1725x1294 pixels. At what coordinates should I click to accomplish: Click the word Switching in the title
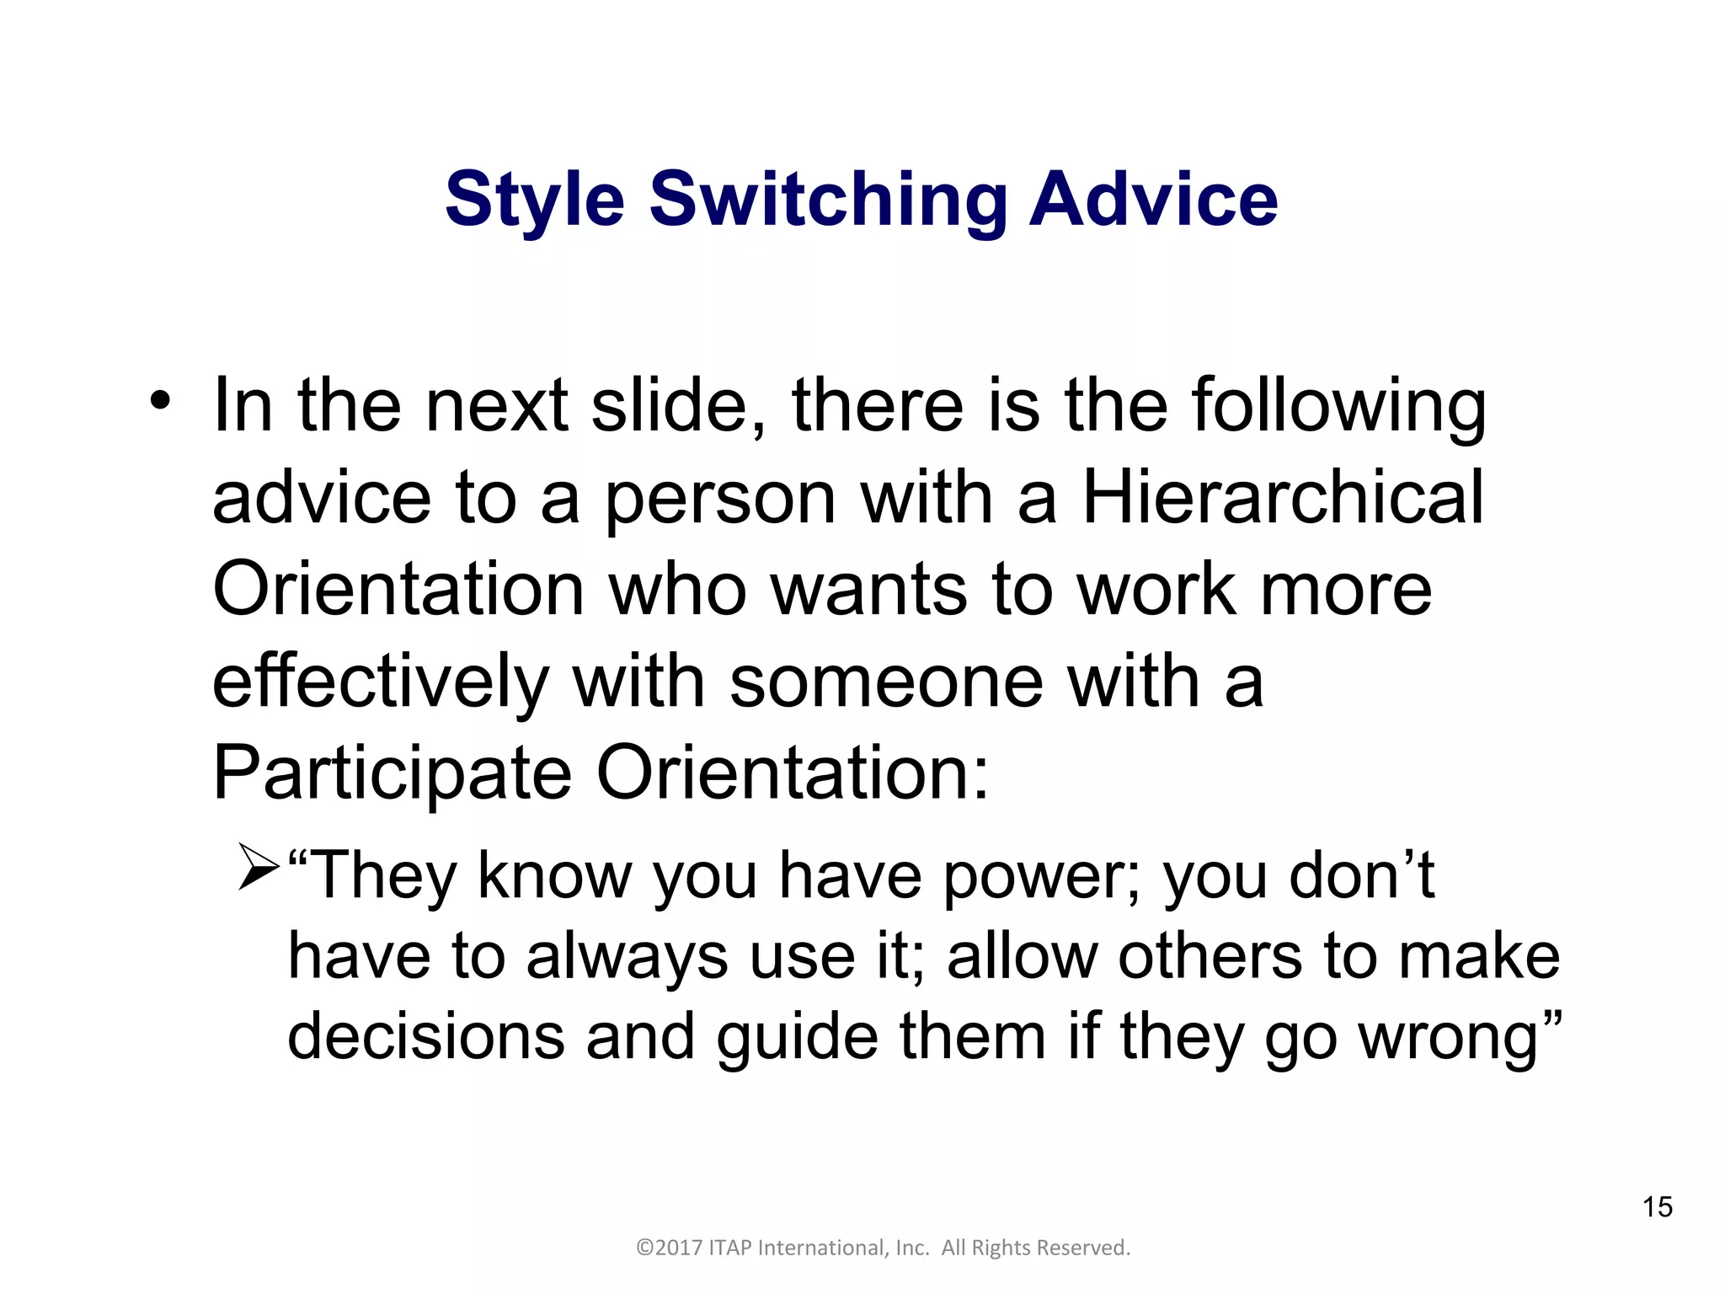[828, 201]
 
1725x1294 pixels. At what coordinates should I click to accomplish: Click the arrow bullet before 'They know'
[258, 867]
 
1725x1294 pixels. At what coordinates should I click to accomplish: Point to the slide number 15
[1657, 1207]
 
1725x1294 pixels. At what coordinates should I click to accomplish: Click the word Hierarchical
[1282, 497]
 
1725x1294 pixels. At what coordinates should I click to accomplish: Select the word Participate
[392, 773]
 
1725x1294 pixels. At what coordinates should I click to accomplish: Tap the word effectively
[380, 681]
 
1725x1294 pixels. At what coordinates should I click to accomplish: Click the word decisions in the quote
[425, 1036]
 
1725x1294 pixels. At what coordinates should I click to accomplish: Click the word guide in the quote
[797, 1036]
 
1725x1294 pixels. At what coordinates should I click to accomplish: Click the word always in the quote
[627, 958]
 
